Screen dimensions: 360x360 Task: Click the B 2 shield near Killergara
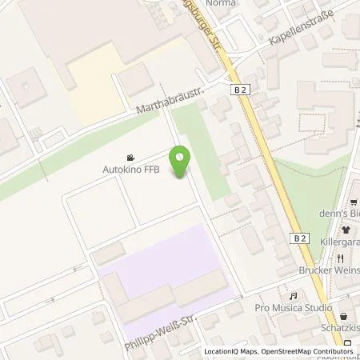[299, 238]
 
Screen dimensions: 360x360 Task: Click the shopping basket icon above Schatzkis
[343, 317]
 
